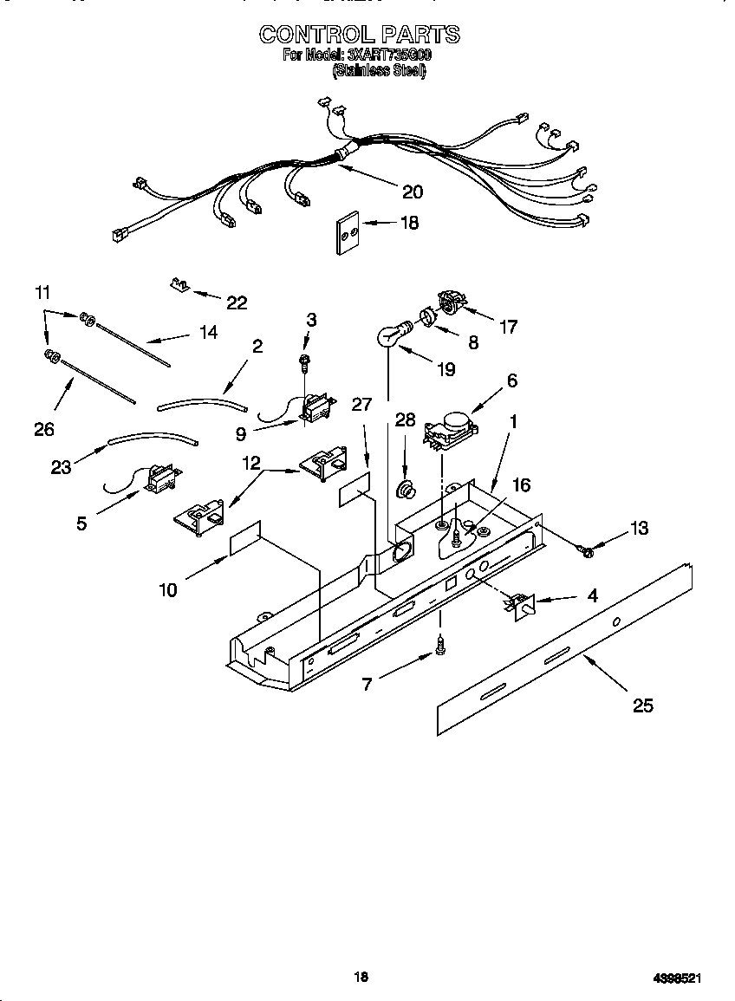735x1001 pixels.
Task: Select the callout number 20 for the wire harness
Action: tap(413, 192)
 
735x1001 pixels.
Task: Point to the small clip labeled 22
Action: tap(179, 285)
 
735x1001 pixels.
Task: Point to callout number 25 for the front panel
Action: tap(642, 705)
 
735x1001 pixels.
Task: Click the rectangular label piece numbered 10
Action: tap(244, 540)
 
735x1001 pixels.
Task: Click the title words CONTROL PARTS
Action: tap(360, 34)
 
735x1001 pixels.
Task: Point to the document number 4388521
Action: tap(678, 978)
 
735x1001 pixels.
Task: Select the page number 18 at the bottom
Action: tap(361, 977)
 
